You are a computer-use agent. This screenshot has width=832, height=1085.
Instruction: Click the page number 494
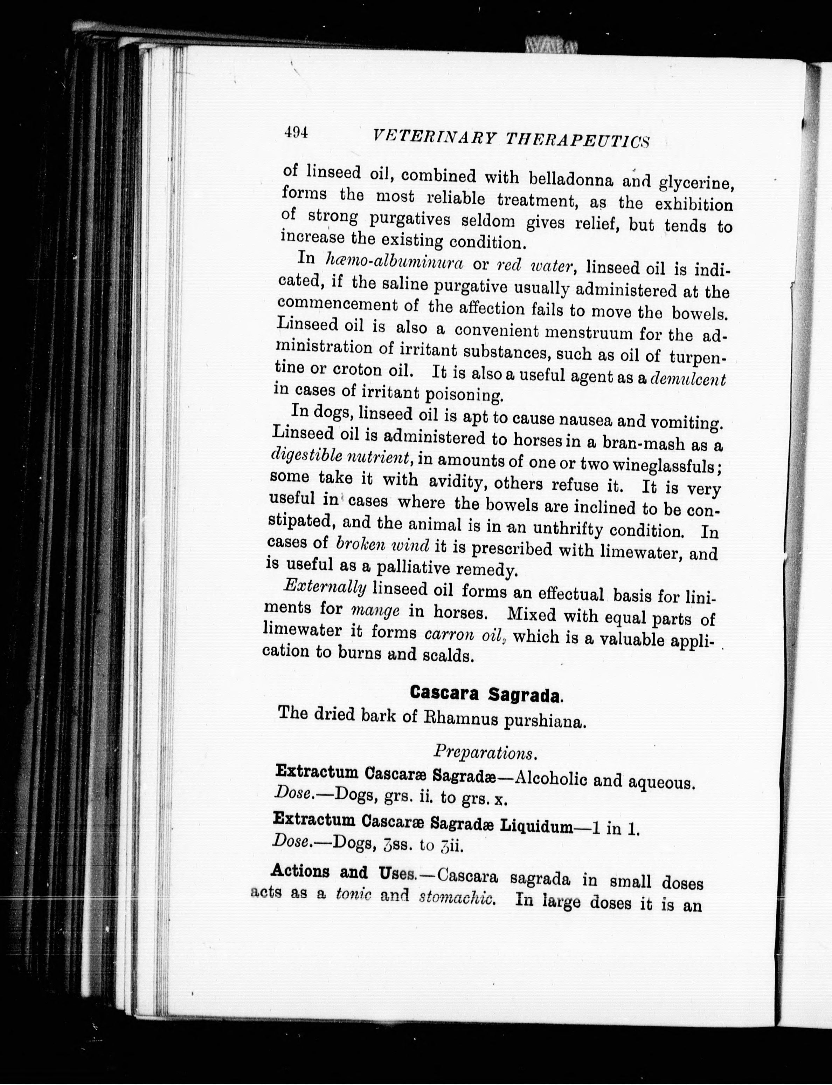pos(296,132)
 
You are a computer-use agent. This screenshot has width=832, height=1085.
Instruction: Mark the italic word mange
pos(375,610)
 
